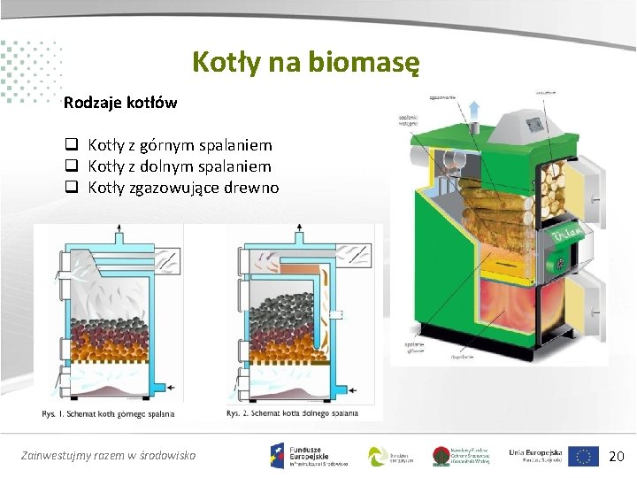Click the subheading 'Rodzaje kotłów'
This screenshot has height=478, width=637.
pyautogui.click(x=120, y=103)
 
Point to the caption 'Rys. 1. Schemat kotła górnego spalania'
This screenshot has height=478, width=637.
pyautogui.click(x=108, y=413)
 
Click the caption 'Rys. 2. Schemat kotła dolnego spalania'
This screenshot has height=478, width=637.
pyautogui.click(x=292, y=413)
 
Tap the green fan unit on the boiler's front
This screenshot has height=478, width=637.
pyautogui.click(x=559, y=262)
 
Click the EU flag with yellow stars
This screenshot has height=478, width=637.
pyautogui.click(x=584, y=456)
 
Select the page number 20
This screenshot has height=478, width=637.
pyautogui.click(x=617, y=457)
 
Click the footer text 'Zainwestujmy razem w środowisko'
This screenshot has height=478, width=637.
pyautogui.click(x=108, y=456)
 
